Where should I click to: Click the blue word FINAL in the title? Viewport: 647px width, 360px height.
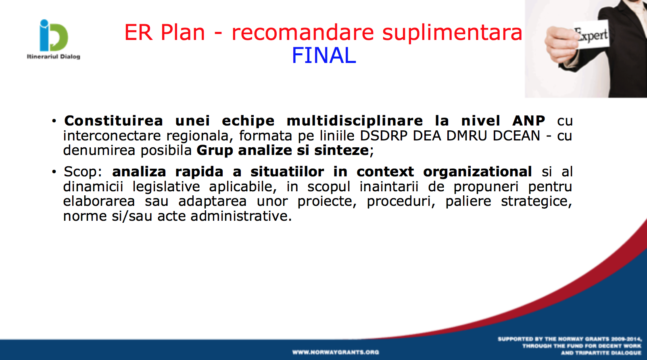point(324,55)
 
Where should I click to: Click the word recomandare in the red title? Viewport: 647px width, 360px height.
point(303,32)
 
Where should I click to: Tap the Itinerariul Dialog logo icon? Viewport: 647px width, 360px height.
point(54,35)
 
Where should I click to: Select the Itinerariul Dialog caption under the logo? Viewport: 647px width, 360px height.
point(53,57)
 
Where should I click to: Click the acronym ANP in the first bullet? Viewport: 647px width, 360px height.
point(528,121)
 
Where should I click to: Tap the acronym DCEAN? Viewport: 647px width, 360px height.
point(516,136)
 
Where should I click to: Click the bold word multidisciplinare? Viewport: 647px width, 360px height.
point(355,121)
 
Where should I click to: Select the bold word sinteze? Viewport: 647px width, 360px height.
point(341,151)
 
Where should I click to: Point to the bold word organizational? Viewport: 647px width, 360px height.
point(478,172)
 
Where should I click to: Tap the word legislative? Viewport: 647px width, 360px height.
point(166,186)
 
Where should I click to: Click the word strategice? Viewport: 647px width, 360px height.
point(536,201)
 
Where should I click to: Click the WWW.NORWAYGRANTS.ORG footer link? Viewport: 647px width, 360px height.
point(336,352)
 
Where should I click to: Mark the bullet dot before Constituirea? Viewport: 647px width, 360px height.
point(54,121)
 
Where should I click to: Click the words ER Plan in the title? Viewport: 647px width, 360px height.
point(165,32)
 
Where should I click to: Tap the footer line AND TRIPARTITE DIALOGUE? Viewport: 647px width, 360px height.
point(601,353)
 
